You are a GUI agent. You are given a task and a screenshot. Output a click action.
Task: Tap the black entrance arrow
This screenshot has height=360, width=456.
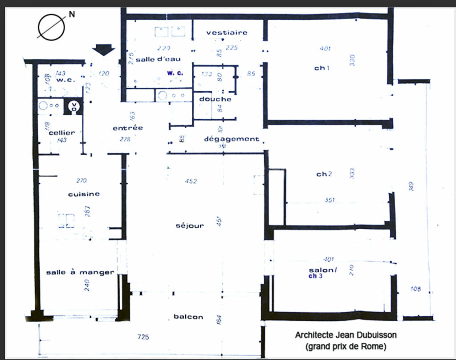click(103, 49)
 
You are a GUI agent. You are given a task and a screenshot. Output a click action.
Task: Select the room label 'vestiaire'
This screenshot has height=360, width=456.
click(227, 32)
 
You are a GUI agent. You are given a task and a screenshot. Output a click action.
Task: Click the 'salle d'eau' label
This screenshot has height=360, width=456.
click(158, 60)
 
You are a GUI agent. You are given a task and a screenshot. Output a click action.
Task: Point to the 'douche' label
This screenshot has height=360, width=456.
click(215, 99)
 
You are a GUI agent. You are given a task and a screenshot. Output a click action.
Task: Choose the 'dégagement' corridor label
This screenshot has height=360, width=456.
click(231, 139)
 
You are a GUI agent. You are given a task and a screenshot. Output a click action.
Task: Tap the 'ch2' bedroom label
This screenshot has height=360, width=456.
click(324, 174)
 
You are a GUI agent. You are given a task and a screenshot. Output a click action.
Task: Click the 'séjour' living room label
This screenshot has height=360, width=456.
click(190, 226)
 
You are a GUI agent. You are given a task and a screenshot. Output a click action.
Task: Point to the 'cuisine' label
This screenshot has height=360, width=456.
click(84, 194)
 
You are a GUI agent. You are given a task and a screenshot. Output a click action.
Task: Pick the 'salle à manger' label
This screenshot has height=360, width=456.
click(80, 272)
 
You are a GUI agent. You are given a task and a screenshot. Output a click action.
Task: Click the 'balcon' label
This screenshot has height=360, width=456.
click(188, 317)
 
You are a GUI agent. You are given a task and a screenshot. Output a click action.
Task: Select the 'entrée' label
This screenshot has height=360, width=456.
click(128, 128)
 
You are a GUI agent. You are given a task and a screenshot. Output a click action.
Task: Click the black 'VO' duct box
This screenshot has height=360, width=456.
click(73, 107)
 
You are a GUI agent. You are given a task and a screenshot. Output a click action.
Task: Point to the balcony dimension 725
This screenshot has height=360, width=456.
click(143, 337)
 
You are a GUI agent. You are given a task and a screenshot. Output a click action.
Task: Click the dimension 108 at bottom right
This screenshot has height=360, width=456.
click(415, 289)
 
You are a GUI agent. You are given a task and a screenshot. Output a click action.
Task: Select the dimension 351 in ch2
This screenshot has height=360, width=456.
click(330, 200)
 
